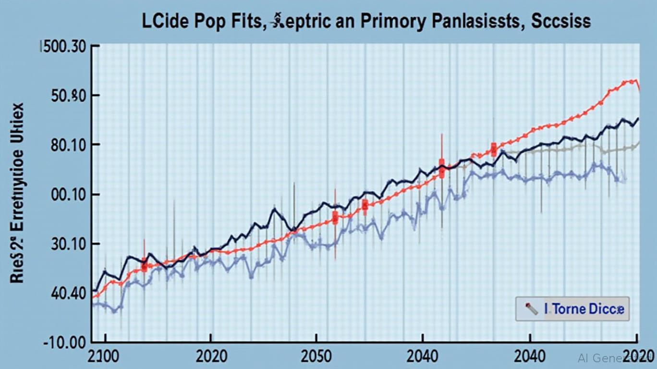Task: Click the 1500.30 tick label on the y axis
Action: pyautogui.click(x=63, y=49)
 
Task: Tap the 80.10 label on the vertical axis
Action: pyautogui.click(x=68, y=145)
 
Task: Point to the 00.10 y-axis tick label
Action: pyautogui.click(x=68, y=195)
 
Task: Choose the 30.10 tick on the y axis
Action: pyautogui.click(x=68, y=245)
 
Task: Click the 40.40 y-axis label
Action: pyautogui.click(x=68, y=293)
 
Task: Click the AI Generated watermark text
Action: pyautogui.click(x=615, y=358)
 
